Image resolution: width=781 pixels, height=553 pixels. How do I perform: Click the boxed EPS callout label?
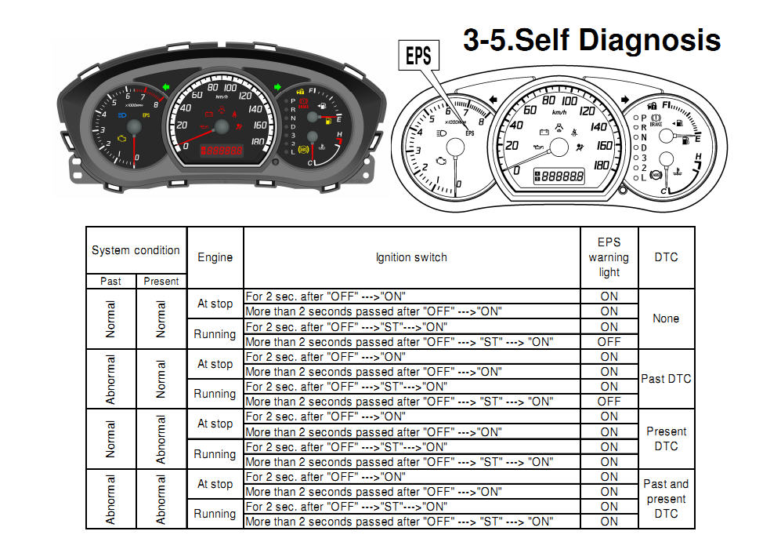[418, 56]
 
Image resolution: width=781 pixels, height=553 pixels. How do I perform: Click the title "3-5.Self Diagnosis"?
[591, 40]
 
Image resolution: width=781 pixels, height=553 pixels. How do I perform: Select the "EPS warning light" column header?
[609, 257]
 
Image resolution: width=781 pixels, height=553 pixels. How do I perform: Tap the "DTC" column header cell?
[666, 257]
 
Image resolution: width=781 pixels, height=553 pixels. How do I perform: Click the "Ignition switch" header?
[411, 257]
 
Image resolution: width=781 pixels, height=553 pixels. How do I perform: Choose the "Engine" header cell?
[215, 257]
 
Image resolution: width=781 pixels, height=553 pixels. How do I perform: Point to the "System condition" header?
[136, 250]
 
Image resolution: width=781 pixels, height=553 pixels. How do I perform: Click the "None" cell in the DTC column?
[666, 318]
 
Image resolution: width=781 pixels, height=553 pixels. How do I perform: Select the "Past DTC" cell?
[666, 379]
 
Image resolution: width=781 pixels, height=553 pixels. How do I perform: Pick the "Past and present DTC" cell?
[666, 499]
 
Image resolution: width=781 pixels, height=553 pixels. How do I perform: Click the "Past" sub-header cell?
[110, 282]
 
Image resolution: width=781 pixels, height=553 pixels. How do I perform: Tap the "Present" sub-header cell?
[161, 282]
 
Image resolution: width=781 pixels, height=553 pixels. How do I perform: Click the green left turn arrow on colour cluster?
[166, 87]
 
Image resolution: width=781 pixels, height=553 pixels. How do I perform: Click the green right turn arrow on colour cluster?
[277, 87]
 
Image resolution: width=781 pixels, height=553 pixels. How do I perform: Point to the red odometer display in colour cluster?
[222, 150]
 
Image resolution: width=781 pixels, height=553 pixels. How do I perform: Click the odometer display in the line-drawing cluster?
[559, 176]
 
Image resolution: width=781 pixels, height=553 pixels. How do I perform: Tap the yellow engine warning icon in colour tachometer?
[122, 139]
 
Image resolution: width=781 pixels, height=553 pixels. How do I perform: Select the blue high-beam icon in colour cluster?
[122, 115]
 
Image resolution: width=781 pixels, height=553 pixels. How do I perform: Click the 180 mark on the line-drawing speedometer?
[601, 165]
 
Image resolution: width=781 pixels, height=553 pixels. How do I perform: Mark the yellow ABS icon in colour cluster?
[303, 149]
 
